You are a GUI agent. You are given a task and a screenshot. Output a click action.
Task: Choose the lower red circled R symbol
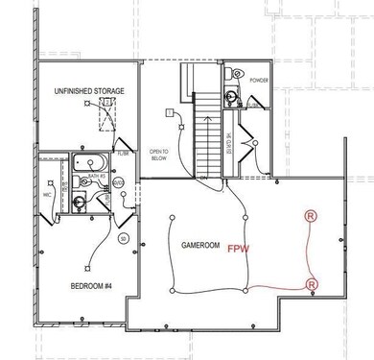click(310, 285)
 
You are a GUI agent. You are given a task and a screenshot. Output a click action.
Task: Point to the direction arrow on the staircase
click(203, 115)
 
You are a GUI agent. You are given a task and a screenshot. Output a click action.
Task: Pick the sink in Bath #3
click(77, 200)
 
